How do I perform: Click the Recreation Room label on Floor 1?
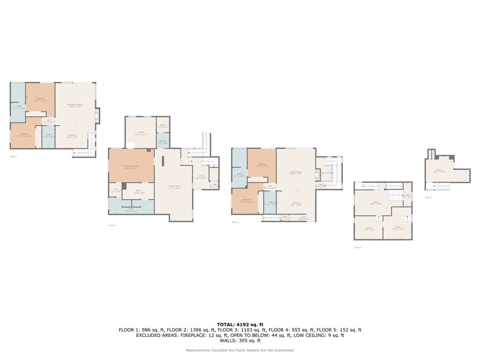coord(75,105)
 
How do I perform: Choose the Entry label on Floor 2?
coord(201,177)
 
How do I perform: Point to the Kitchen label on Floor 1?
coord(73,136)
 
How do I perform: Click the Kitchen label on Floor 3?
coord(295,203)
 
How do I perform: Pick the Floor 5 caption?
coord(428,197)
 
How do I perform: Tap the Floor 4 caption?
coord(358,247)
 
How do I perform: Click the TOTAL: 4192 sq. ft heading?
coord(240,324)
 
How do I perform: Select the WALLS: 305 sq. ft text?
coord(240,341)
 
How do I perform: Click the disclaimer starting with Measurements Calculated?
coord(240,350)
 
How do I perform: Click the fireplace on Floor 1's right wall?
coord(97,116)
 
